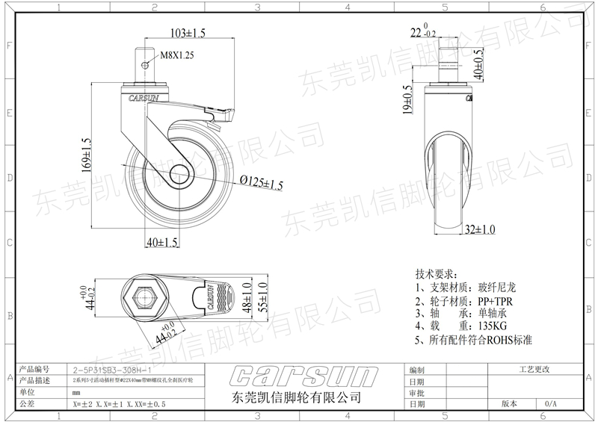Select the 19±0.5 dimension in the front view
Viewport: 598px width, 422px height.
(408, 100)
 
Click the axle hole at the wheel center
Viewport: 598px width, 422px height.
(181, 176)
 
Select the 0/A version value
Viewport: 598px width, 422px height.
(551, 403)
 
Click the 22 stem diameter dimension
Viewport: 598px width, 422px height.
(416, 31)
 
